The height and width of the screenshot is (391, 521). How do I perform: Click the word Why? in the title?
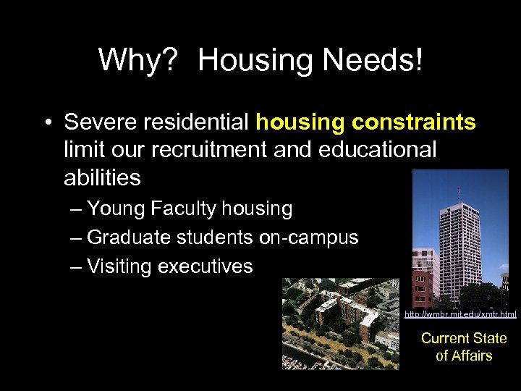(x=137, y=59)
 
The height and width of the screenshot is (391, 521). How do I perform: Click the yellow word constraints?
(x=414, y=122)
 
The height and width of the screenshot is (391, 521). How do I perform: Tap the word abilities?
(x=102, y=177)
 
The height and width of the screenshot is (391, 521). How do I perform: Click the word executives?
(x=205, y=266)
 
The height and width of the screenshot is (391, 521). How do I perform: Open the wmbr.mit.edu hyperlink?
(x=460, y=314)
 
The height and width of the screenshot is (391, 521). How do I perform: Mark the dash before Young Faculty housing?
(x=77, y=209)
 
